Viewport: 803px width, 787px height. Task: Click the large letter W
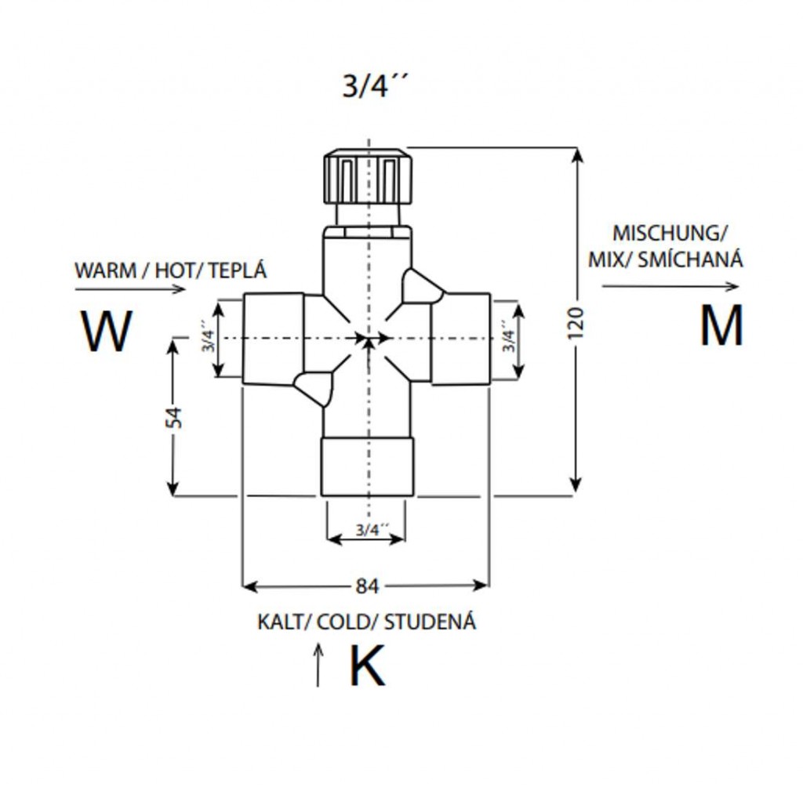click(107, 332)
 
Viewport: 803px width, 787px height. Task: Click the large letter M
click(721, 326)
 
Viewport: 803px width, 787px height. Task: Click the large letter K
click(367, 667)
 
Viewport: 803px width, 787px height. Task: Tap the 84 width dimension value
click(367, 586)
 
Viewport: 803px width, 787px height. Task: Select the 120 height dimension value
click(576, 323)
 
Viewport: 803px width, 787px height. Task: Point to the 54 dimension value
click(177, 416)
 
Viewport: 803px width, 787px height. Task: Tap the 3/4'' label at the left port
click(209, 337)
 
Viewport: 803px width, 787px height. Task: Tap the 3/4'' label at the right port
click(509, 337)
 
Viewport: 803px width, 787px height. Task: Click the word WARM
click(104, 271)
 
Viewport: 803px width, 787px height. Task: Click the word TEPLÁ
click(238, 271)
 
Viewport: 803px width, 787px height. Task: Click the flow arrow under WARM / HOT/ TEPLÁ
click(130, 288)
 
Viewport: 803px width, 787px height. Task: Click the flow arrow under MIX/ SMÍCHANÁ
click(670, 286)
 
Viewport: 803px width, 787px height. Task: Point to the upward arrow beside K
click(318, 665)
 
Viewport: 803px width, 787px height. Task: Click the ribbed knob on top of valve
click(366, 176)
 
